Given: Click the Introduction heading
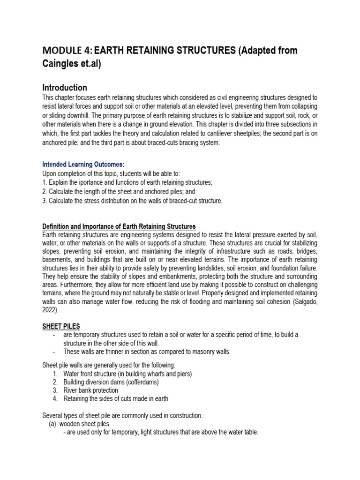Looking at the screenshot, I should click(65, 88).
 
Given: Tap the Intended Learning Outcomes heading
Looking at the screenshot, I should click(83, 165).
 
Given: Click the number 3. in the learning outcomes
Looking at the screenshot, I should click(45, 201).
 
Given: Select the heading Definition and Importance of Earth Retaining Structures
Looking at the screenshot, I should click(119, 227).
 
